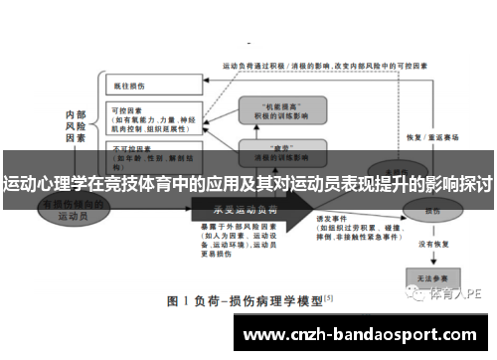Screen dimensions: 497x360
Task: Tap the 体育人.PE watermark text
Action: coord(456,294)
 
